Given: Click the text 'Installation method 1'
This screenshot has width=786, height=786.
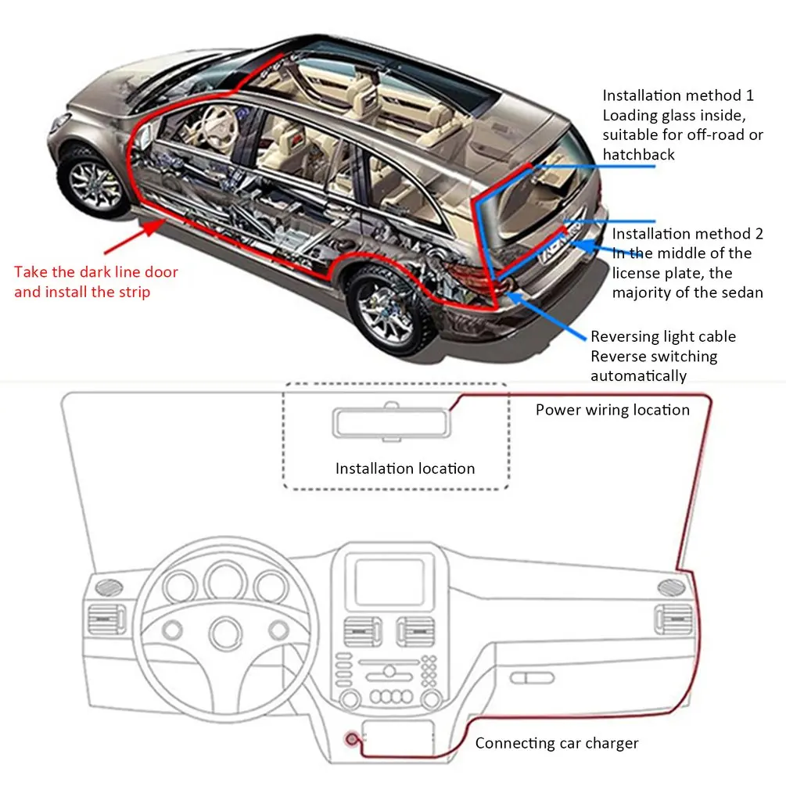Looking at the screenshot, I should [677, 95].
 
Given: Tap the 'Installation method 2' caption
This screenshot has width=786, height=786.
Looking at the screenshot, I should [687, 233].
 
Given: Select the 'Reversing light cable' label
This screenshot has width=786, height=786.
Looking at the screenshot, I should [662, 336].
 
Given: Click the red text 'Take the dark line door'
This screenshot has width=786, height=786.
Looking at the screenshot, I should [96, 272].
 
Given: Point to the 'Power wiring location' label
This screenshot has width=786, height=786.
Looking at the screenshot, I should [612, 410].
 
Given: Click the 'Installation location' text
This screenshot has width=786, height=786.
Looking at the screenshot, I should [404, 468].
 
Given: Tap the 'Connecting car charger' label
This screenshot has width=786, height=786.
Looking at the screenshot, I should [557, 743].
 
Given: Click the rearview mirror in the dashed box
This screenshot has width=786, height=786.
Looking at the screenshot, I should [393, 423].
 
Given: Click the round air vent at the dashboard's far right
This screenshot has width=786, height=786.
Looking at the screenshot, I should [672, 588].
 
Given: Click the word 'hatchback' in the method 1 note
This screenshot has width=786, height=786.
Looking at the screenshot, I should [638, 154].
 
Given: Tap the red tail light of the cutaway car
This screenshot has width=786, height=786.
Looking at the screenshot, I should [470, 273].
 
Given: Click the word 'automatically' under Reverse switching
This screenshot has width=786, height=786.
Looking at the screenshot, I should [638, 375].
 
